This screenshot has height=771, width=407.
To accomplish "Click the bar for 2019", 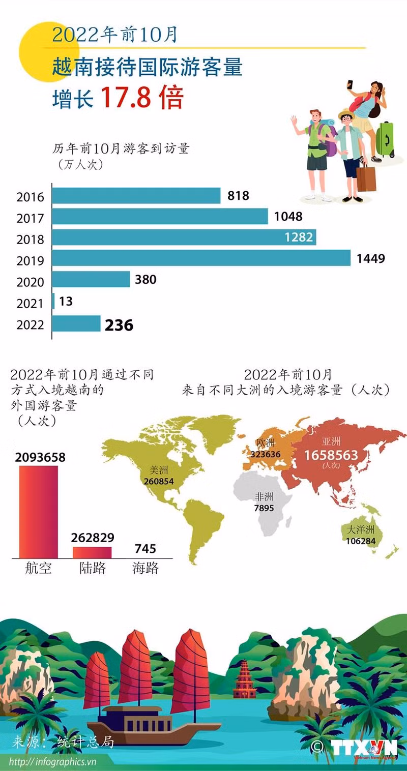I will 201,258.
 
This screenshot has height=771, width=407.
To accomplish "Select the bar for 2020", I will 92,279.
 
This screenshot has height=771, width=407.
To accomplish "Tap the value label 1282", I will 299,237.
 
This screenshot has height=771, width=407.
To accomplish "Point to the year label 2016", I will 30,197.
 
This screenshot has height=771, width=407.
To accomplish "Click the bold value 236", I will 119,325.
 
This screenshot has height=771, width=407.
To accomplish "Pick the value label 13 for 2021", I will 66,302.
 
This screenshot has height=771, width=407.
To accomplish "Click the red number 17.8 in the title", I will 126,98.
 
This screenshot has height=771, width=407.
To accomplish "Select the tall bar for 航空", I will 38,511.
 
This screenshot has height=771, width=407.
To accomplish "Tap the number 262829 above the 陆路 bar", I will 93,538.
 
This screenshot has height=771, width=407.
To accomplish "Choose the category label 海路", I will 146,568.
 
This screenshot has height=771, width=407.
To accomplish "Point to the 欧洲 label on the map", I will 266,443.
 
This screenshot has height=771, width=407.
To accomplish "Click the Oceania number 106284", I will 360,541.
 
